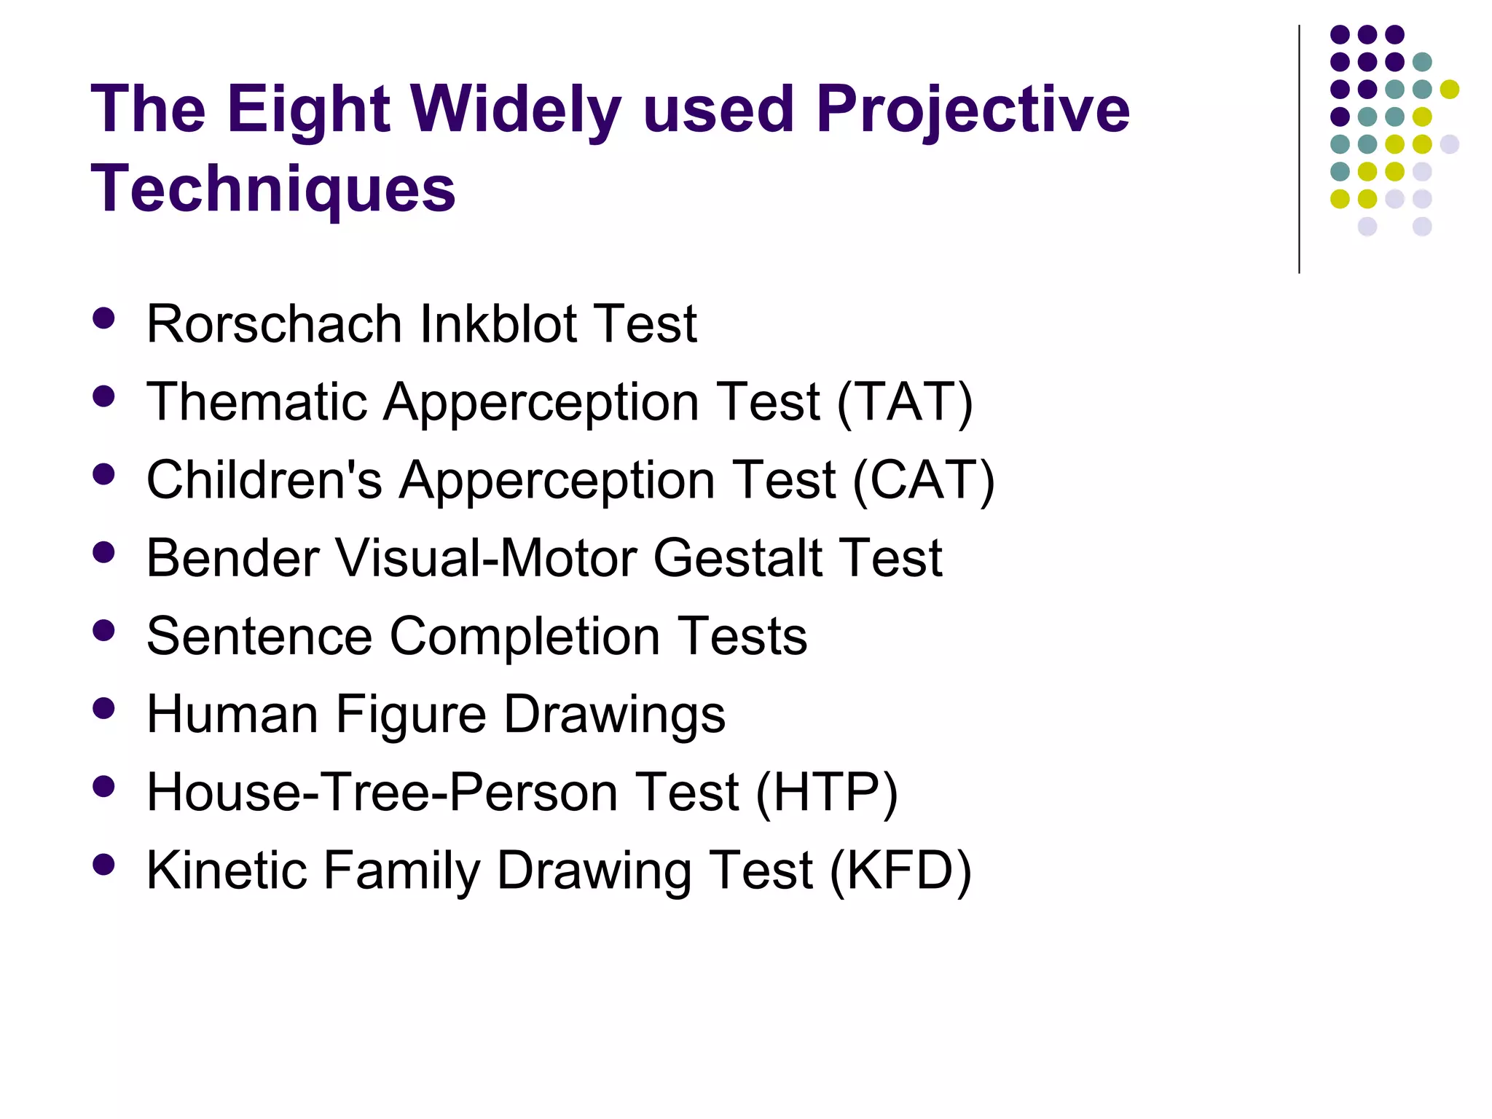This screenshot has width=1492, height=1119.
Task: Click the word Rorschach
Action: pyautogui.click(x=274, y=323)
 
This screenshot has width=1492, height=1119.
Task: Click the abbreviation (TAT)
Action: pyautogui.click(x=905, y=402)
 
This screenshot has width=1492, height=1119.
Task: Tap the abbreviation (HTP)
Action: pyautogui.click(x=827, y=792)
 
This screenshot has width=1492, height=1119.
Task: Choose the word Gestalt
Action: pyautogui.click(x=737, y=558)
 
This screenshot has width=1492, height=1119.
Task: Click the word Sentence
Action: pyautogui.click(x=259, y=636)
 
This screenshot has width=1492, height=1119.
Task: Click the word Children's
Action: pyautogui.click(x=264, y=480)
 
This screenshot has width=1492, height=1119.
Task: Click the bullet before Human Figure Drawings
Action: pyautogui.click(x=104, y=708)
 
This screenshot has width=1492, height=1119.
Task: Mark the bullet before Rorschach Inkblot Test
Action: pyautogui.click(x=104, y=318)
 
